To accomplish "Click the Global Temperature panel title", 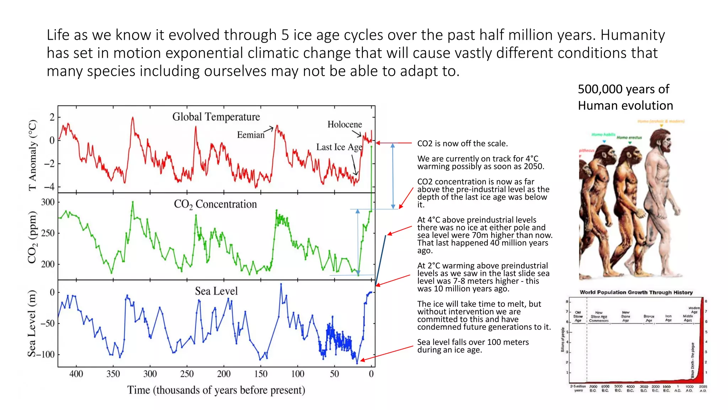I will tap(216, 117).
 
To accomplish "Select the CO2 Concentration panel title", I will tap(215, 204).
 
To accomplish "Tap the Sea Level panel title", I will tap(216, 291).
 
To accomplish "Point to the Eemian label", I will tap(251, 135).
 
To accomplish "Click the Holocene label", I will tap(344, 124).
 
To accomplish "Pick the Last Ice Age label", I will tap(339, 147).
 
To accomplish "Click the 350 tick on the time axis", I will tap(113, 374).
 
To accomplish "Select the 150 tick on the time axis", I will tap(261, 374).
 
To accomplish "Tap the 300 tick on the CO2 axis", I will tap(48, 202).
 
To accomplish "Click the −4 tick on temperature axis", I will tap(49, 186).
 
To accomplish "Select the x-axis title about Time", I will tap(216, 390).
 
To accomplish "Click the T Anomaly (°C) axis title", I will tap(32, 155).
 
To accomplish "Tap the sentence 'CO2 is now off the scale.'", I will tap(462, 143).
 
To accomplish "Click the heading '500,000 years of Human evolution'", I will tap(625, 97).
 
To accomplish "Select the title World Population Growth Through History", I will tap(636, 292).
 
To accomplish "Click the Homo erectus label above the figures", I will tap(629, 137).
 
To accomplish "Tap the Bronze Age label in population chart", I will tap(649, 318).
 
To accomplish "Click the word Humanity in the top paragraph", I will tap(633, 35).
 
